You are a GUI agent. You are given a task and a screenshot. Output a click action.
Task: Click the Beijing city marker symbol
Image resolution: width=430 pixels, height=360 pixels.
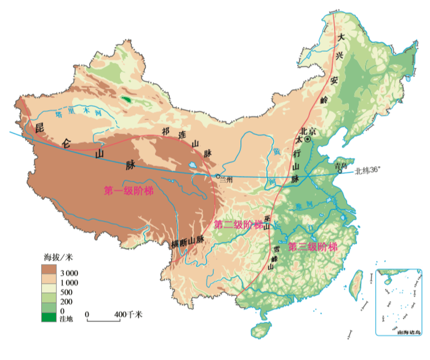pos(308,140)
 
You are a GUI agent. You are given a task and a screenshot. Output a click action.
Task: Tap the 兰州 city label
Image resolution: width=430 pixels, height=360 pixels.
pos(225,180)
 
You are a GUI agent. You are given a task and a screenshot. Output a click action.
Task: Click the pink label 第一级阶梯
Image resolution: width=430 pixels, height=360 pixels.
pos(129,191)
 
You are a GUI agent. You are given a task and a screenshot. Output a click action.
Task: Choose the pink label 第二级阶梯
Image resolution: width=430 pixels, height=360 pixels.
pos(237,225)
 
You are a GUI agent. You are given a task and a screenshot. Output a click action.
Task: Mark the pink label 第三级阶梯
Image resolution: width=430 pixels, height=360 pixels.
pos(313,247)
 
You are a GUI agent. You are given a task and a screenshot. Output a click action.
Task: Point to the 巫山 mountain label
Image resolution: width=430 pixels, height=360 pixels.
pos(267,222)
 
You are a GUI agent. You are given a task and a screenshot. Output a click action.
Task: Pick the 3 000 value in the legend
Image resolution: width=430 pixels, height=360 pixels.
pos(68,272)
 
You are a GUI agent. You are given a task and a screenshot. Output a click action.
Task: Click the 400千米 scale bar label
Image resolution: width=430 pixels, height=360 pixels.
pos(129,315)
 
